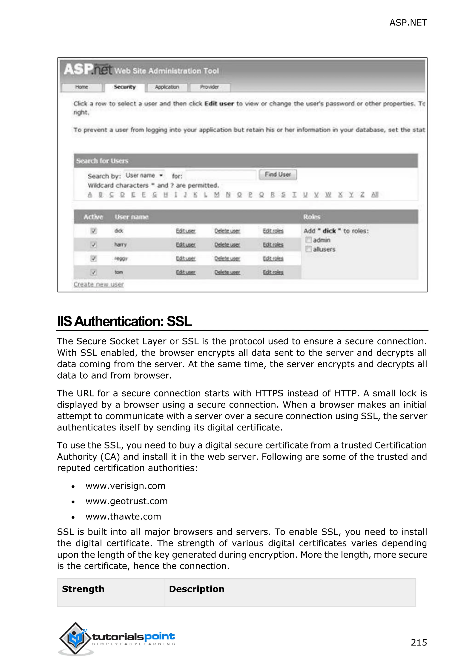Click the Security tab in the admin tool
(x=124, y=87)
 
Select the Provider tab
(x=210, y=87)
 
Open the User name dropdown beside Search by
(x=144, y=175)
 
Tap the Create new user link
(x=99, y=284)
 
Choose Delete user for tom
(x=227, y=272)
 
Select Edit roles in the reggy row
(x=273, y=258)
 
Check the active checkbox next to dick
(x=93, y=231)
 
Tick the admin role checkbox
(x=309, y=240)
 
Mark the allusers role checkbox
(x=309, y=249)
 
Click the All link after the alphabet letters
(x=375, y=195)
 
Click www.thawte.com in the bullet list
(x=123, y=516)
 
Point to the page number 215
(x=419, y=642)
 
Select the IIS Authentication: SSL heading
(x=124, y=322)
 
